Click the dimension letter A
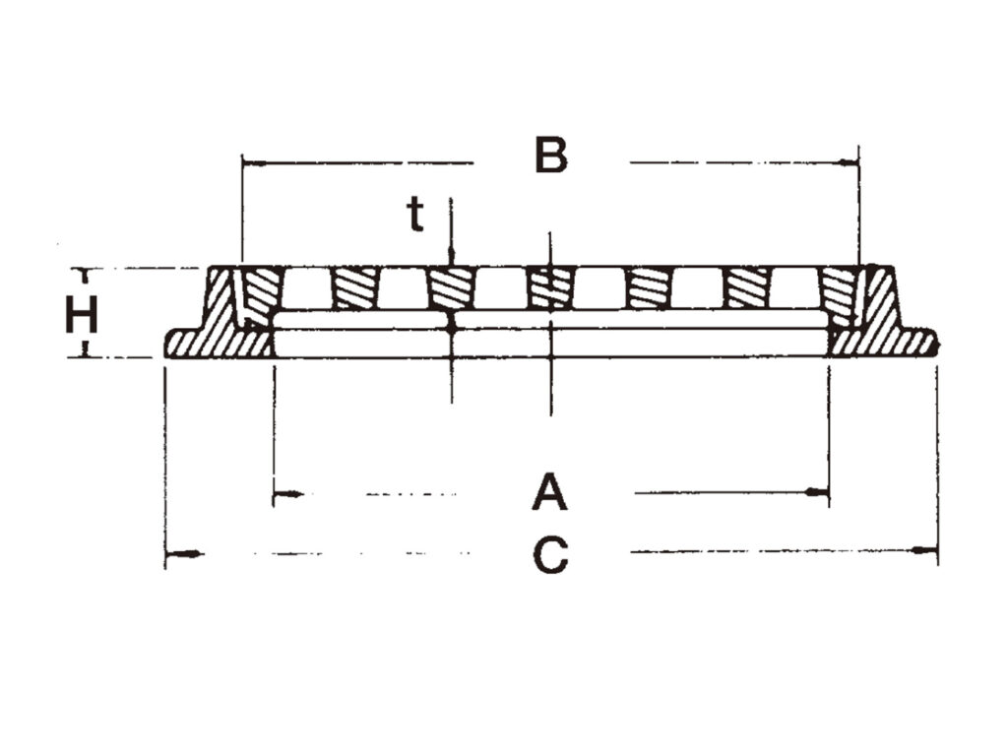click(549, 492)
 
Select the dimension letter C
click(551, 554)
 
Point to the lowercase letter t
click(416, 215)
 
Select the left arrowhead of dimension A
click(287, 494)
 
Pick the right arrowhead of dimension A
click(817, 492)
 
